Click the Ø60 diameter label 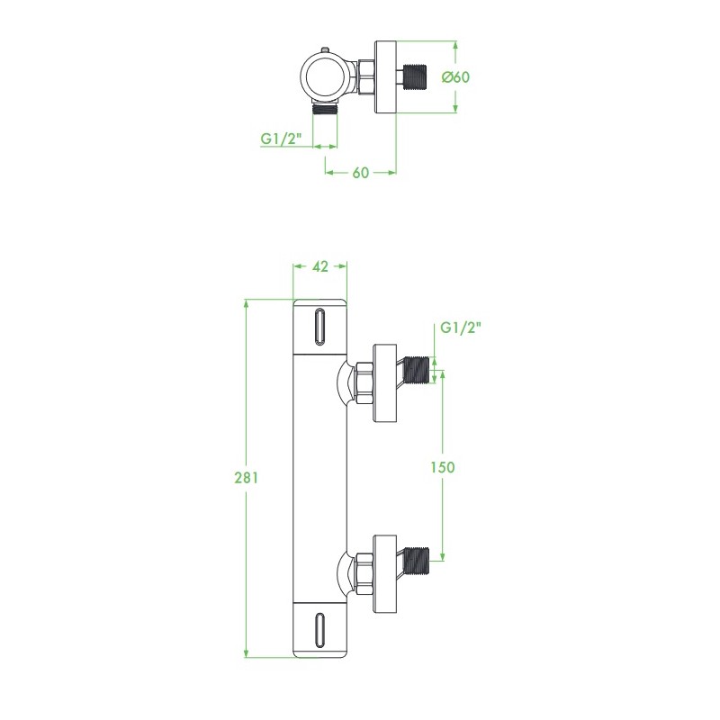tap(456, 76)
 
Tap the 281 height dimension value tap(247, 478)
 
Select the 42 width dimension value tap(319, 265)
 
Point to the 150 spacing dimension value tap(442, 466)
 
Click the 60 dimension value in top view tap(361, 173)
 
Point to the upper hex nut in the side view tap(364, 382)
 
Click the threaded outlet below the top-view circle tap(326, 109)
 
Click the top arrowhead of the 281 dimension tap(247, 304)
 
